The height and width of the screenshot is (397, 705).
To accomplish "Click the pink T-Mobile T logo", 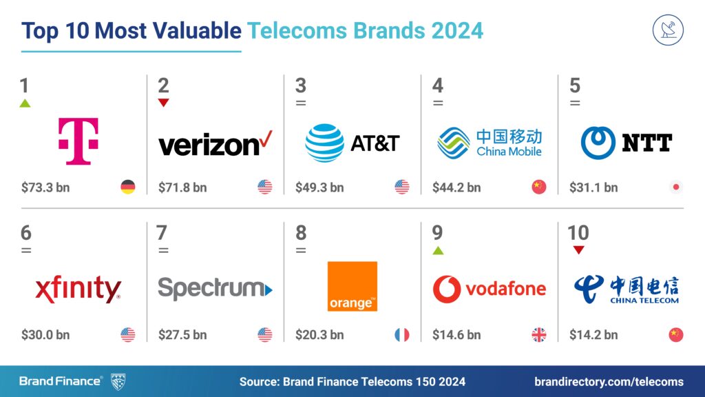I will click(78, 141).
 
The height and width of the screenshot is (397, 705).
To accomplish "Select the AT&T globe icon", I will click(324, 142).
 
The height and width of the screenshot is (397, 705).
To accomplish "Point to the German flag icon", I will click(127, 187).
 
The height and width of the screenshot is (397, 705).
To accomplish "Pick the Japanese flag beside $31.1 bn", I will click(676, 187).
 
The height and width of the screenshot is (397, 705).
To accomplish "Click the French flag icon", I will click(401, 335).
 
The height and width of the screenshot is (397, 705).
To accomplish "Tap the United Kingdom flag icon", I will click(538, 335).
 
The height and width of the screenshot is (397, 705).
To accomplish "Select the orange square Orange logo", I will click(352, 286).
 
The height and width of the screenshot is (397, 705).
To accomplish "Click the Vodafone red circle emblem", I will click(447, 289).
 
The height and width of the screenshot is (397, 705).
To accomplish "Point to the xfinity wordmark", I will click(78, 289).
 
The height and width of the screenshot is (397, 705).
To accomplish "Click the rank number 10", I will click(578, 233).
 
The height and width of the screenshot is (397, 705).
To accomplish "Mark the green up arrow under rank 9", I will click(438, 250).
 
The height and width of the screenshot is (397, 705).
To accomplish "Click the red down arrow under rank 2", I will click(163, 103).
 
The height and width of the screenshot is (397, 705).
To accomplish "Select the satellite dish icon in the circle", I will click(668, 31).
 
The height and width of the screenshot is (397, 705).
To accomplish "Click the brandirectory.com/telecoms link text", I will click(609, 381).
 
